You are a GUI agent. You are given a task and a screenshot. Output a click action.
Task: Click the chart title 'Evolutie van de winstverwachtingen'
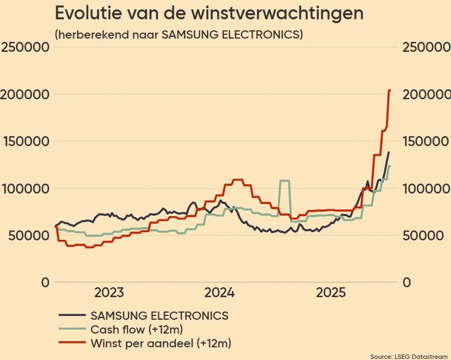point(209,13)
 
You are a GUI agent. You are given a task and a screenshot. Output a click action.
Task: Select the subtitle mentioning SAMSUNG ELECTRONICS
point(179,34)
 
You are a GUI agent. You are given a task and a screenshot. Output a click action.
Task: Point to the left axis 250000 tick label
point(26,47)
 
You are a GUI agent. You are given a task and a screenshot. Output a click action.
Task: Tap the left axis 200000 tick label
point(26,94)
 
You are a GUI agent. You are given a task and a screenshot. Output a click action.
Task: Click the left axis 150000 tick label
point(26,141)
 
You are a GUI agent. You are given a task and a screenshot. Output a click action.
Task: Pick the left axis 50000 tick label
point(29,235)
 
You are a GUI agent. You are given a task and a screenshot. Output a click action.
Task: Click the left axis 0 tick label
point(44,283)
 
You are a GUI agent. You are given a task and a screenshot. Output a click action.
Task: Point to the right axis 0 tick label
point(407,283)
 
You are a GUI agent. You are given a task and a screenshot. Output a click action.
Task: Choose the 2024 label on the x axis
point(220,292)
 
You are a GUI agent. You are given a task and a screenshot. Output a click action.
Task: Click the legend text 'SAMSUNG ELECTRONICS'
point(159,316)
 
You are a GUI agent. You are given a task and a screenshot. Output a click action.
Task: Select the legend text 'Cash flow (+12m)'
point(137,330)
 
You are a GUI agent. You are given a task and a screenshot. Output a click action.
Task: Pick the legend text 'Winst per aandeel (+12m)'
point(160,343)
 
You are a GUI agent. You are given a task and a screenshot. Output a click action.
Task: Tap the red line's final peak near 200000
point(389,90)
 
